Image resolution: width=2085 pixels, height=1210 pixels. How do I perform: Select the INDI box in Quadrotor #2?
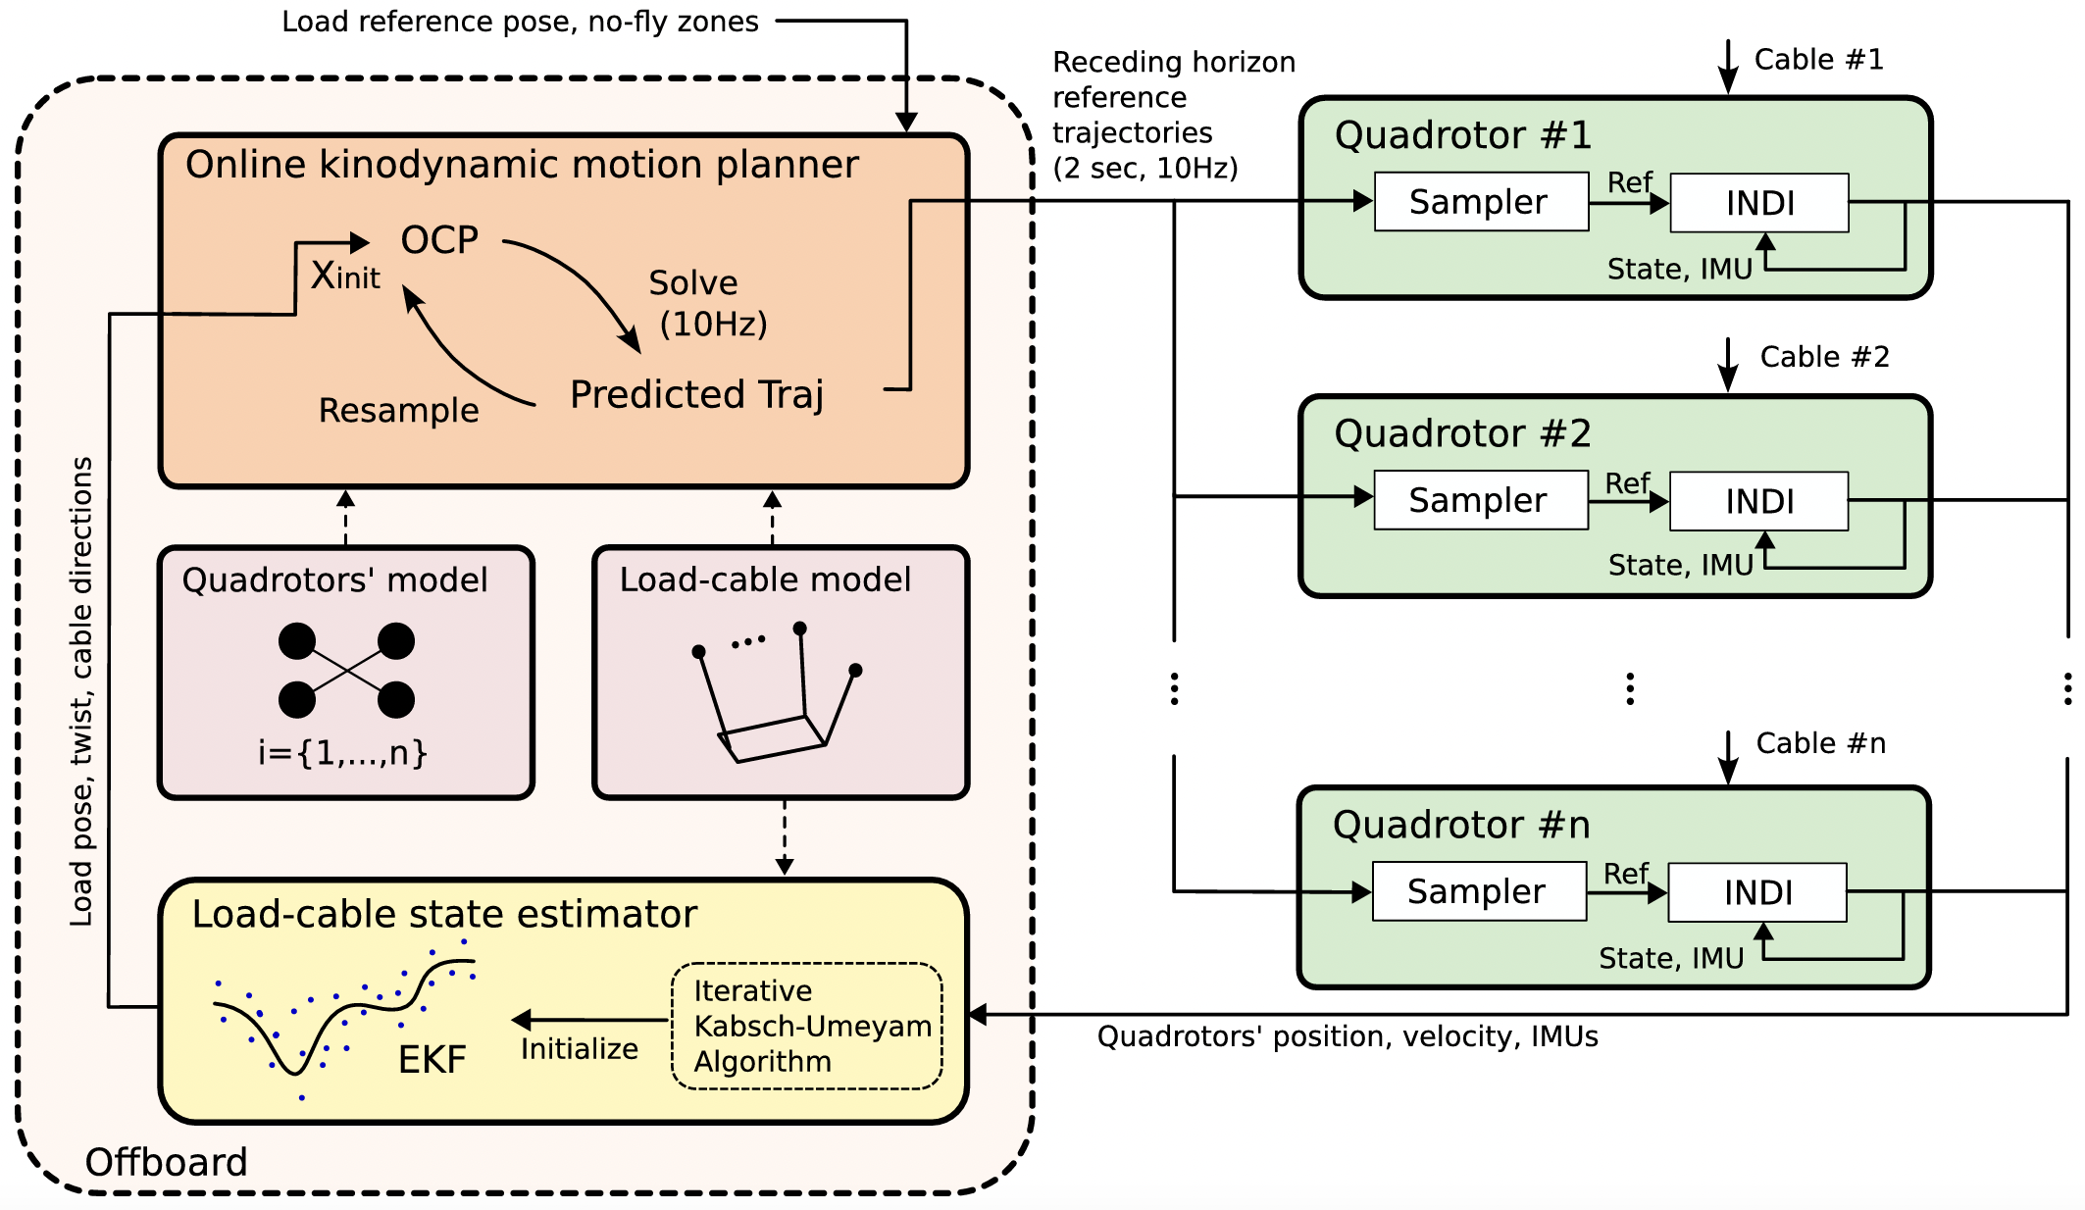click(x=1758, y=501)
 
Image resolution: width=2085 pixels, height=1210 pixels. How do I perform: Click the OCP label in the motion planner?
click(x=439, y=240)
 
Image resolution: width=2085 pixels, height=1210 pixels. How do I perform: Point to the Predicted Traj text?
click(x=696, y=394)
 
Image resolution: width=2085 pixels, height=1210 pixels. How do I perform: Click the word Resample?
click(x=398, y=410)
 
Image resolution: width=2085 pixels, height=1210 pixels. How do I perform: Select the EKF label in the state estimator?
click(x=432, y=1060)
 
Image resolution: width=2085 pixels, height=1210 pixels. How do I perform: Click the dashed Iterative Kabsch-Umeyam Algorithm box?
click(x=806, y=1026)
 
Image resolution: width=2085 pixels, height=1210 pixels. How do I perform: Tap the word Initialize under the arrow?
click(x=579, y=1049)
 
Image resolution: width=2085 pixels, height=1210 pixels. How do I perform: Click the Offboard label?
click(x=166, y=1162)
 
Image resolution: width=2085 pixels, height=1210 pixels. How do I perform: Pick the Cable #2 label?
click(x=1824, y=357)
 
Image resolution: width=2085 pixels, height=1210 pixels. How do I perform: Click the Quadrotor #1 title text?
click(x=1462, y=135)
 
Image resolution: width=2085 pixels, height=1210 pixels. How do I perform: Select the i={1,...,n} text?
click(x=342, y=753)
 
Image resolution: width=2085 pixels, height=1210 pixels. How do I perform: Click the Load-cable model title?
click(x=765, y=580)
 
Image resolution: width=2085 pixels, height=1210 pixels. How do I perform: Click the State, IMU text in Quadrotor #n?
click(x=1671, y=958)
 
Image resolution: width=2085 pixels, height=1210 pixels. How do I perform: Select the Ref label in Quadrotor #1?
click(x=1629, y=182)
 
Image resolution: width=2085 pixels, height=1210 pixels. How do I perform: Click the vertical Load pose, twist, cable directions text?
click(x=82, y=691)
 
